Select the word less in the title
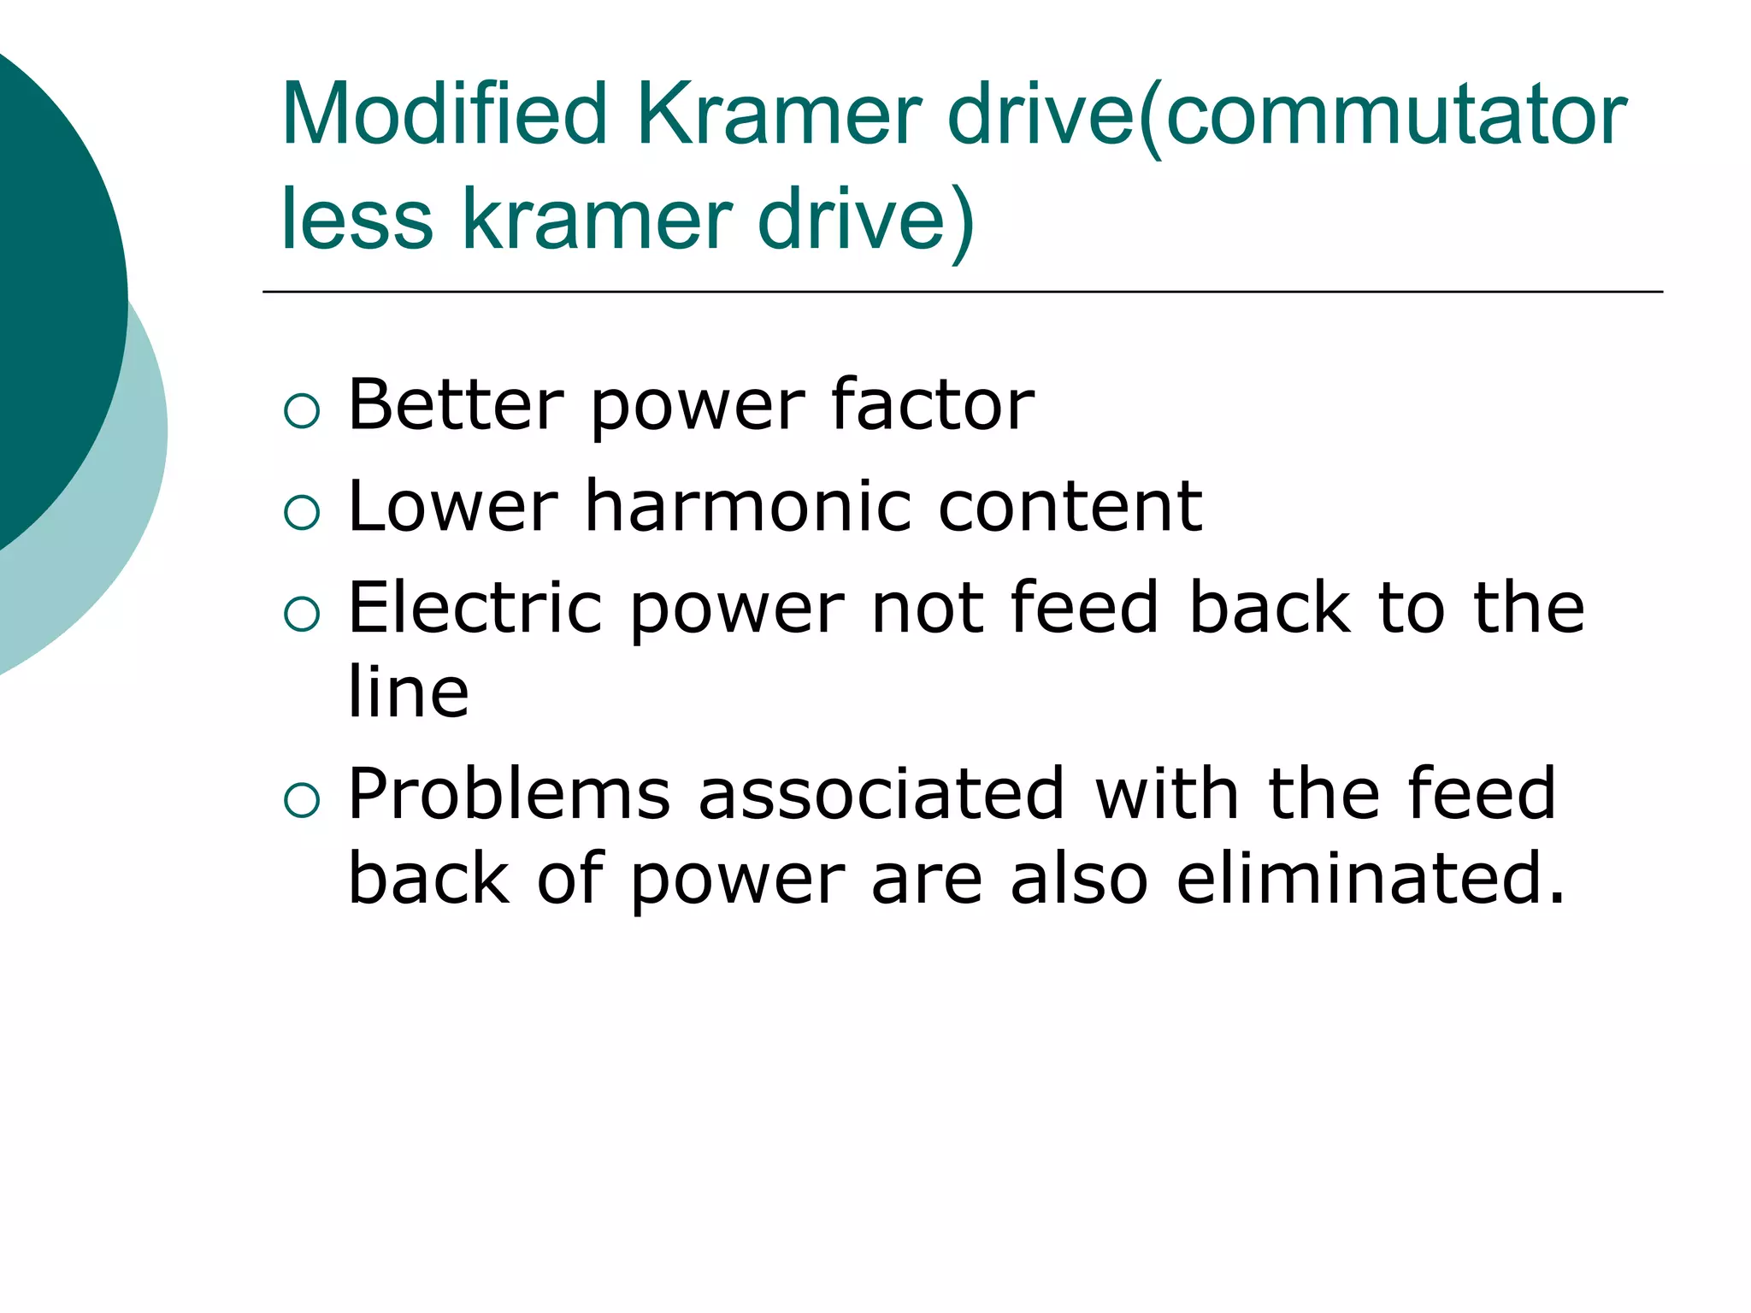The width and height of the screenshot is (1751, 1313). (357, 220)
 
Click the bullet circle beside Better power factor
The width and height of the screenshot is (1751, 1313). (302, 411)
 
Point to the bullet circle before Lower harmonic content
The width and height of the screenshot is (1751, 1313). (302, 513)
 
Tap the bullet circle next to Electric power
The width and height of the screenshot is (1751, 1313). (302, 614)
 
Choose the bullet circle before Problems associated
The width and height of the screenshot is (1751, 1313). (302, 800)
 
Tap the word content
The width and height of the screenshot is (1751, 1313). (1070, 506)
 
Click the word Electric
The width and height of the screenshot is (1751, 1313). (475, 607)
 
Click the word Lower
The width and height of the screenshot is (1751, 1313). (453, 506)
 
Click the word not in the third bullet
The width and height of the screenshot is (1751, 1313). (927, 607)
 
